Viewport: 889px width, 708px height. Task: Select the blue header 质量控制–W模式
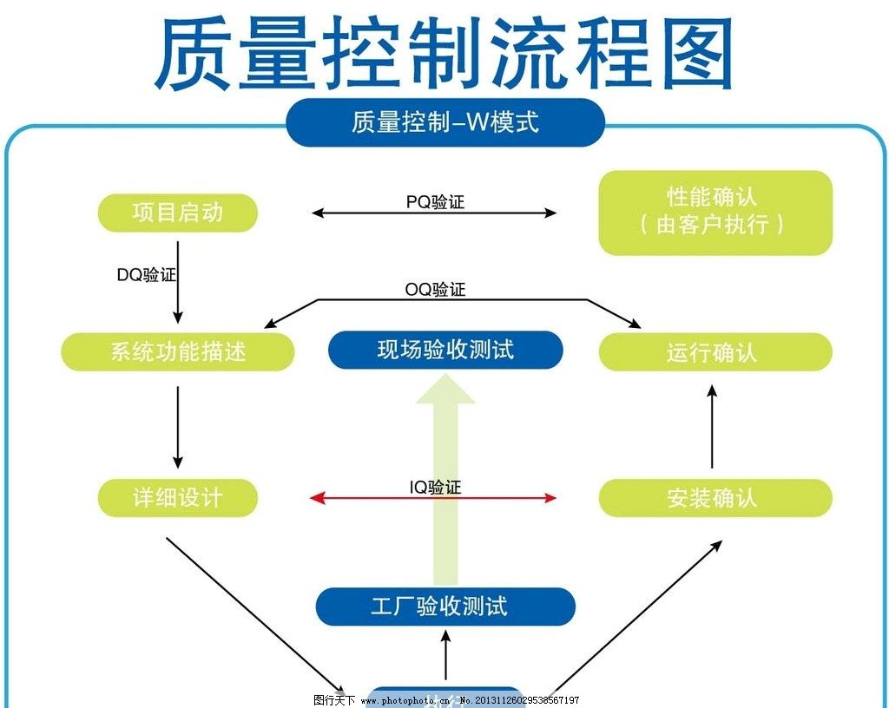[x=444, y=122]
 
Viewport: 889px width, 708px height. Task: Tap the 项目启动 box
[x=178, y=213]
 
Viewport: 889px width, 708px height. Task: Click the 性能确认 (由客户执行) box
[x=715, y=213]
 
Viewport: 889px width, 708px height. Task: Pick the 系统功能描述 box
[x=178, y=352]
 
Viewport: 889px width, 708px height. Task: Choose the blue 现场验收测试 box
[x=445, y=350]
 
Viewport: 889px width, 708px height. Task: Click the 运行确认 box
[x=715, y=352]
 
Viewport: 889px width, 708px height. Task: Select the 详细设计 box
[x=178, y=498]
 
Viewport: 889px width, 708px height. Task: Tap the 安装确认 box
[x=715, y=498]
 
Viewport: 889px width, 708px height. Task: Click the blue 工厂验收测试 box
[x=444, y=606]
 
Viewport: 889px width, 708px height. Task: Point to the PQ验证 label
[x=435, y=202]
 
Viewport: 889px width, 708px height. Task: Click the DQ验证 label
[x=147, y=275]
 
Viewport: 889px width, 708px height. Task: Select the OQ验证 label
[x=435, y=289]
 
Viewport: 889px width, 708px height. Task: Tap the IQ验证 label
[x=435, y=488]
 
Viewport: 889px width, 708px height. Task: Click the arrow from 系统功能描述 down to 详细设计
[x=178, y=426]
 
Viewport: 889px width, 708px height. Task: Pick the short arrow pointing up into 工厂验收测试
[x=446, y=656]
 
